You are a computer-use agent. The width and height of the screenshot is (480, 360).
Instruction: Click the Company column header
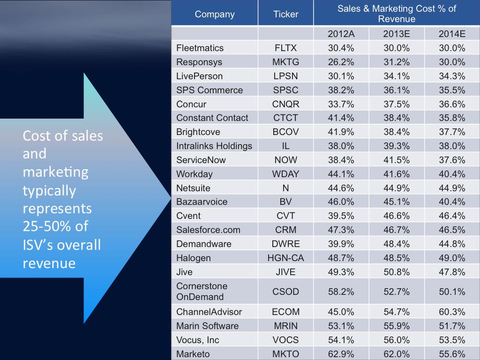click(215, 14)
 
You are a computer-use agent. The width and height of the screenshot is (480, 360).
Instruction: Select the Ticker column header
click(285, 14)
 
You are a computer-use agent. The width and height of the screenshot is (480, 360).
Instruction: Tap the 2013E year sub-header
click(397, 33)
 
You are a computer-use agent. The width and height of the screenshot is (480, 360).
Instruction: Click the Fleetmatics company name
click(200, 48)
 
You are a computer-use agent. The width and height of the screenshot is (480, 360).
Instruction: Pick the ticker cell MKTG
click(285, 62)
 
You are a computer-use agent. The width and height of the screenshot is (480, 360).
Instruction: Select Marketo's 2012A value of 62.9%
click(341, 354)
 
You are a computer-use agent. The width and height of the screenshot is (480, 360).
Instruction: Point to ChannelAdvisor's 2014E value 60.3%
click(452, 312)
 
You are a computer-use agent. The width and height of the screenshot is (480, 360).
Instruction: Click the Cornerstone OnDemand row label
click(202, 291)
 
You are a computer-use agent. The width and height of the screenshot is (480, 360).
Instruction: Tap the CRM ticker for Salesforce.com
click(285, 230)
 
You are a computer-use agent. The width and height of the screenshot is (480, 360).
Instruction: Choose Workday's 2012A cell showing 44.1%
click(341, 174)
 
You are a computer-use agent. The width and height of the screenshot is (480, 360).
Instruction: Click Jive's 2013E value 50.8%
click(397, 272)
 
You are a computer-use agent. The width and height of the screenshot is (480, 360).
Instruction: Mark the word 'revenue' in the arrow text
click(49, 263)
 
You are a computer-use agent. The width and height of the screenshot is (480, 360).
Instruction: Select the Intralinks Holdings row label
click(214, 146)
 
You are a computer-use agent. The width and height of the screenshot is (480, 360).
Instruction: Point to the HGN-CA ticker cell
click(285, 258)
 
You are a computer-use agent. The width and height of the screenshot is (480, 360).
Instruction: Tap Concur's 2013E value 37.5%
click(397, 104)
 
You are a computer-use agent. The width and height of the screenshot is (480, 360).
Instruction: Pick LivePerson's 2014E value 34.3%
click(452, 76)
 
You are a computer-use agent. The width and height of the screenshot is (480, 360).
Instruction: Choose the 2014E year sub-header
click(452, 33)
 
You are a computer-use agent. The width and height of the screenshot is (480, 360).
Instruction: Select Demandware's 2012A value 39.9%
click(341, 244)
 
